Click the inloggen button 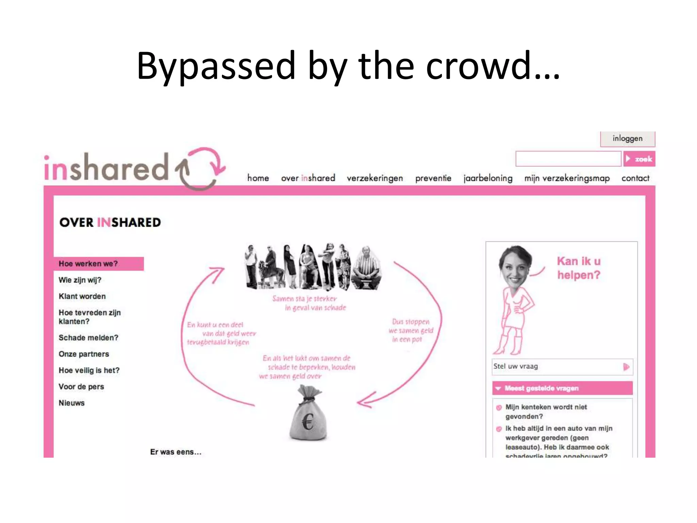(x=627, y=139)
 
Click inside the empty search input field (x=568, y=159)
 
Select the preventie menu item (x=433, y=178)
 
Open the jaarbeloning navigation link (x=488, y=178)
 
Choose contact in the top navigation (x=635, y=178)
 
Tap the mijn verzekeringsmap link (x=567, y=178)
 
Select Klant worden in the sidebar (x=82, y=296)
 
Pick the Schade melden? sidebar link (x=88, y=338)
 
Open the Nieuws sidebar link (x=71, y=403)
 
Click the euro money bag (x=308, y=415)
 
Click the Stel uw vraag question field (x=556, y=367)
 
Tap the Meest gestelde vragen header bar (x=562, y=388)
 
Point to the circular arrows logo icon (x=201, y=169)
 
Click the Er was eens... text (x=176, y=452)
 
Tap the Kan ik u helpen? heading (x=579, y=268)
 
